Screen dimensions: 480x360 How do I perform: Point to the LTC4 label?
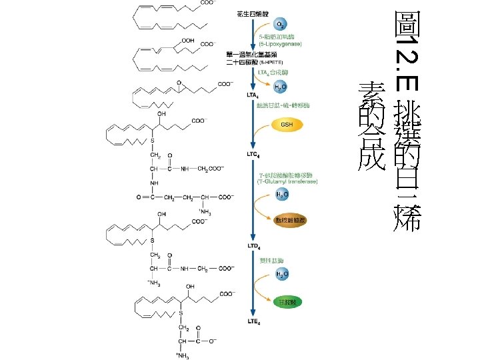point(253,154)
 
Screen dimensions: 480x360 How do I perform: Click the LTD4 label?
point(253,246)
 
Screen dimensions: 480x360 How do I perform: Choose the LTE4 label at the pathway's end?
point(253,322)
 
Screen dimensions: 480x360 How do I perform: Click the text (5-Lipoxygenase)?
point(280,43)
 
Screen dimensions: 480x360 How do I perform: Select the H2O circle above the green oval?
point(283,274)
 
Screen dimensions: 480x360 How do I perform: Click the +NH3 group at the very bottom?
point(181,353)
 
